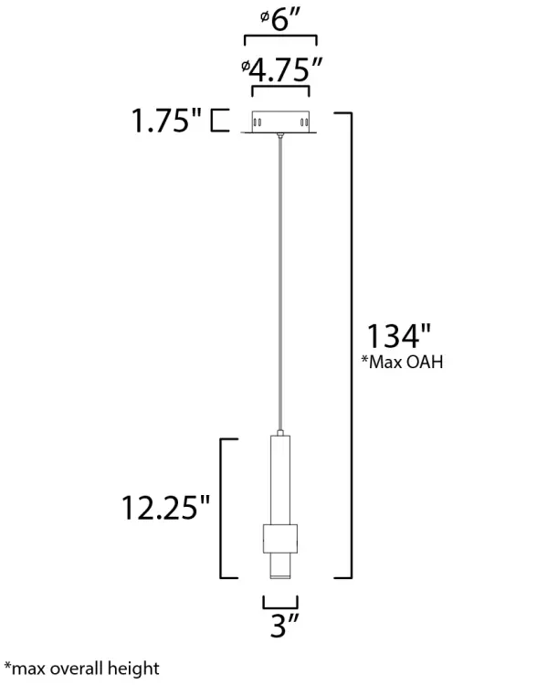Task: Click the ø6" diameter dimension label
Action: point(280,20)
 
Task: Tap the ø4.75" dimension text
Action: point(281,69)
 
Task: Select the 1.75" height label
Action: point(166,121)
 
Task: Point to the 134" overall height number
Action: point(398,336)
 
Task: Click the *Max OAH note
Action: point(402,362)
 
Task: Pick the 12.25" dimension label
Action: point(165,508)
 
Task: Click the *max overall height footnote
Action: point(81,669)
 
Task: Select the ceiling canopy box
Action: point(280,121)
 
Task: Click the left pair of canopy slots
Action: point(258,122)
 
